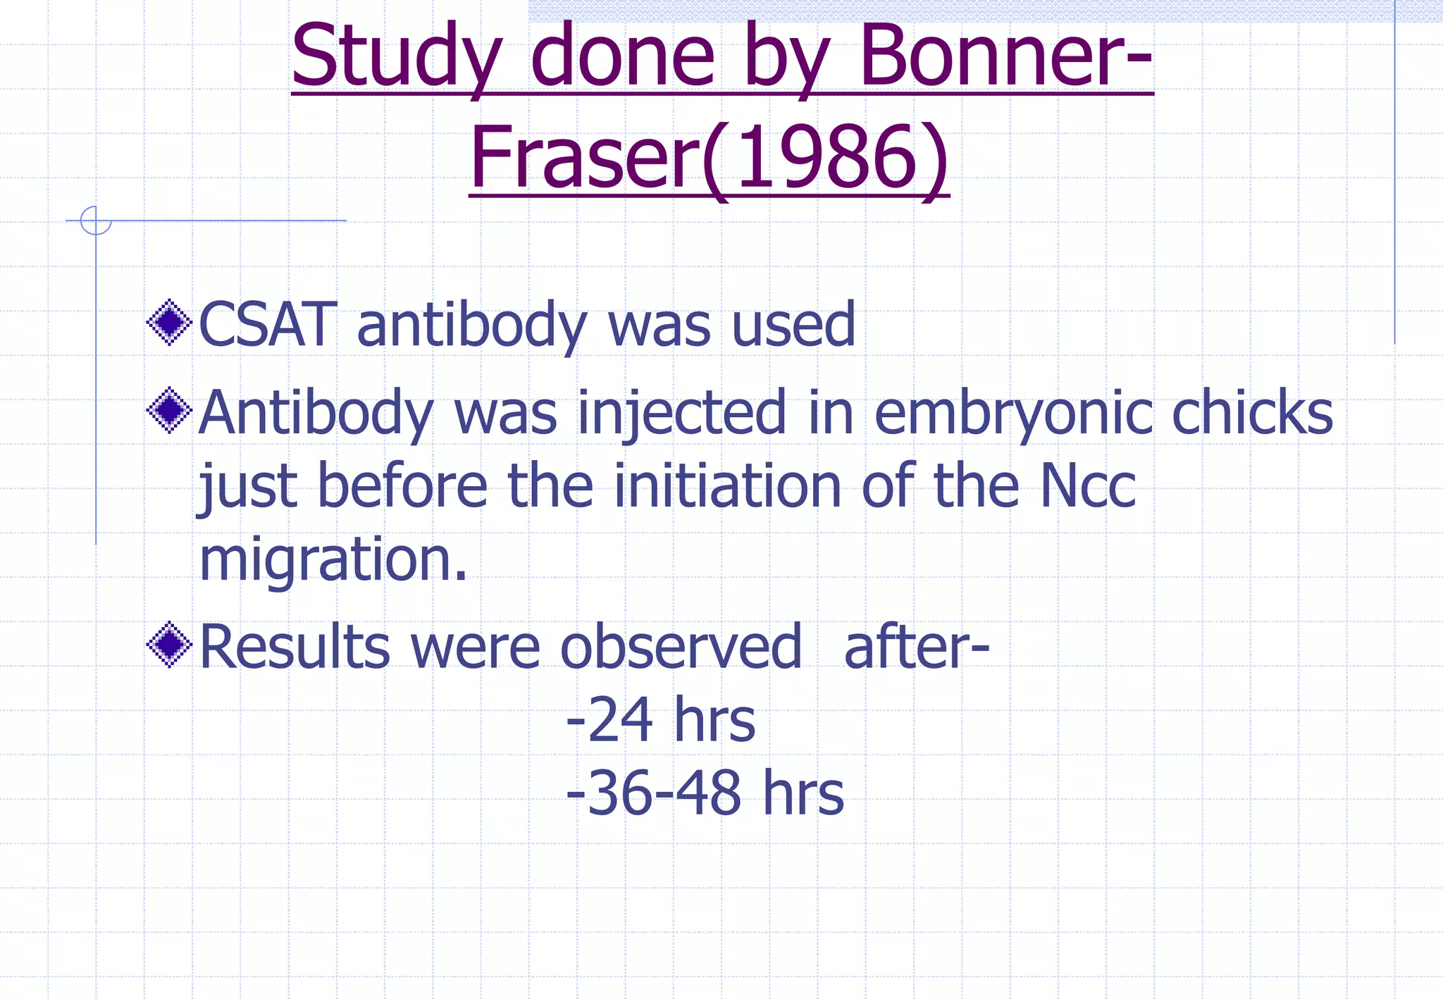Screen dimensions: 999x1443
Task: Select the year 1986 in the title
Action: (827, 158)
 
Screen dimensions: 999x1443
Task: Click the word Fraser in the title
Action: (586, 158)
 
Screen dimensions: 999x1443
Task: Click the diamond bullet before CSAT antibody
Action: (169, 323)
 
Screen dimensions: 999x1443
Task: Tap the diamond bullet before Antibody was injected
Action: (169, 410)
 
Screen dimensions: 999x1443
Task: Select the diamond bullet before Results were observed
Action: (169, 645)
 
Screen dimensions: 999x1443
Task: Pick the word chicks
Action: (1252, 413)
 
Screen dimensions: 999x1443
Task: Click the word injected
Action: (681, 414)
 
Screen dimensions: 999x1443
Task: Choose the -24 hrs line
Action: (660, 720)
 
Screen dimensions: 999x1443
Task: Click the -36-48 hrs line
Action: (705, 793)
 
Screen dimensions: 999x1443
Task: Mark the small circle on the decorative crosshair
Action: (96, 221)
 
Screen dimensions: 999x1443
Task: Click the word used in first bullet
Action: (793, 325)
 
